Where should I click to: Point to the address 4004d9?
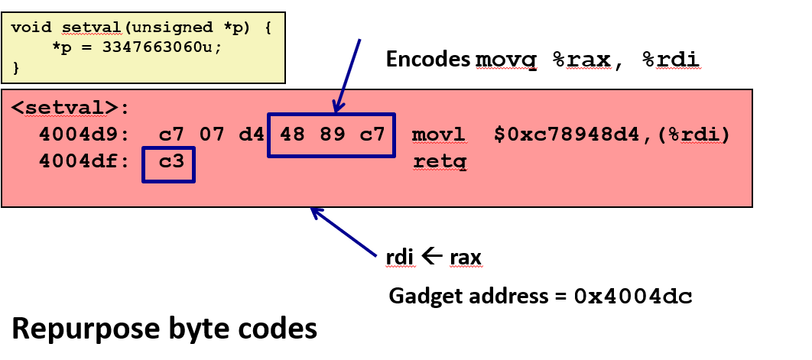tap(77, 136)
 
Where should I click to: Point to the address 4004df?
tap(77, 162)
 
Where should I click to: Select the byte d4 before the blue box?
tap(249, 136)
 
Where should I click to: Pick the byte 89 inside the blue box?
tap(331, 136)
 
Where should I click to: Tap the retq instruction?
tap(439, 162)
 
